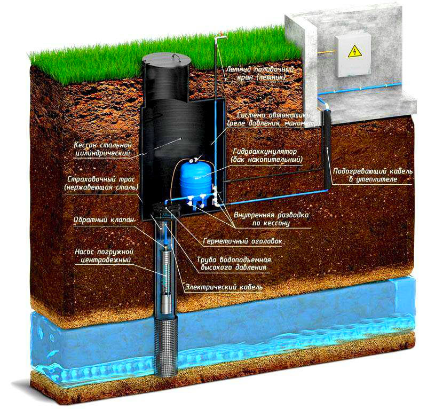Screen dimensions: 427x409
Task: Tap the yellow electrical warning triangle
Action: (353, 52)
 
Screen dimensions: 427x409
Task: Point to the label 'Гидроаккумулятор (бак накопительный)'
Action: (267, 155)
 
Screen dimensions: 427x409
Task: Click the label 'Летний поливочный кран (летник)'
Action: (259, 73)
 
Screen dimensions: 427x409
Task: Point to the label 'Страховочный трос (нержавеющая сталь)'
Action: (100, 183)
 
